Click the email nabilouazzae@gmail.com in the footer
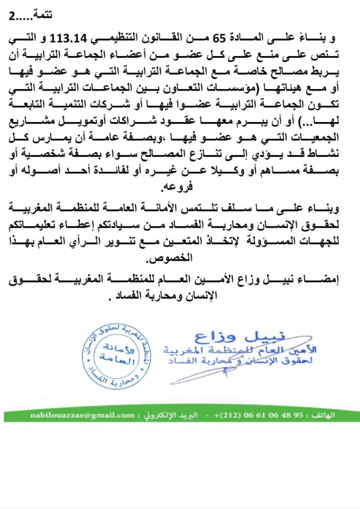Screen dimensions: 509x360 [82, 416]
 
